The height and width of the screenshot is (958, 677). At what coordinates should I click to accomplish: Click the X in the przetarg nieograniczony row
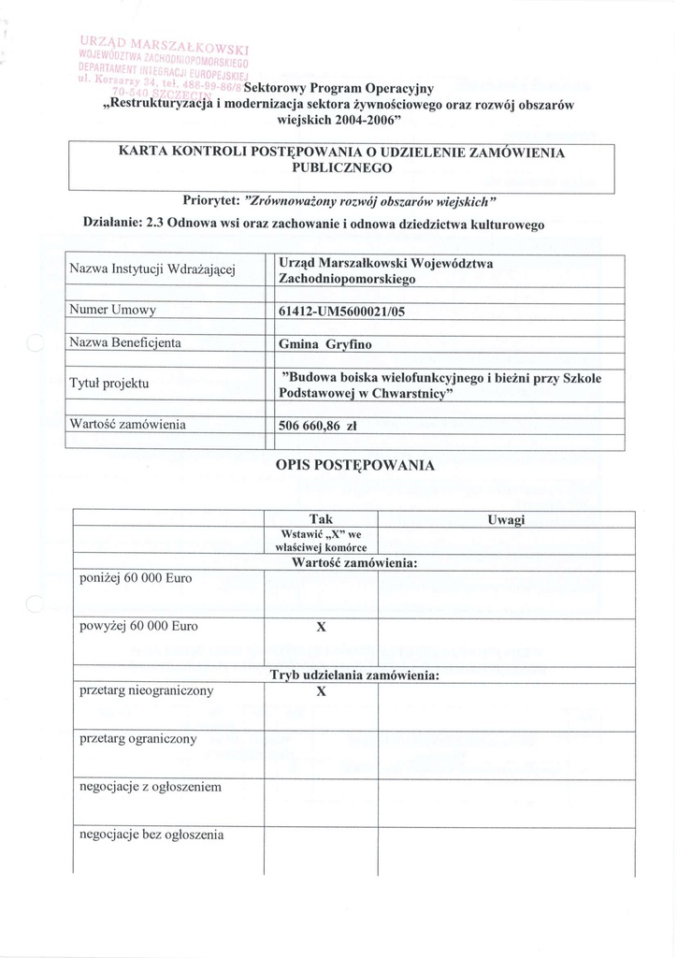321,692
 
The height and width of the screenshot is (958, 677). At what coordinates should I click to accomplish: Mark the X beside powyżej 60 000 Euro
321,628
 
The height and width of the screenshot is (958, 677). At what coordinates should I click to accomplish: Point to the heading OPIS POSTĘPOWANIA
354,465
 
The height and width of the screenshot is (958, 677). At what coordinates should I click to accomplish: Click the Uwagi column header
506,519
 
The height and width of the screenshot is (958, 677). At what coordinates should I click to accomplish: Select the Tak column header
321,519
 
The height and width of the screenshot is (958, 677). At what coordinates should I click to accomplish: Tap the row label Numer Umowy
112,311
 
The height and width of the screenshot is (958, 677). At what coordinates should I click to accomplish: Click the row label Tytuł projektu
109,384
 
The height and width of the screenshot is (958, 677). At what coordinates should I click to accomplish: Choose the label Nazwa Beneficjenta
125,342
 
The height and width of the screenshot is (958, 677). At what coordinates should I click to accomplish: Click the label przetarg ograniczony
138,738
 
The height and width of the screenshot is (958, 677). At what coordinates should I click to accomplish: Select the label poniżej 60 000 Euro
136,579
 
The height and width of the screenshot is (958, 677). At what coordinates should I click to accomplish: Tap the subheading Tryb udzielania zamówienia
354,675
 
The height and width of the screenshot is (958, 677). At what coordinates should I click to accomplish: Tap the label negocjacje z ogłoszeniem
151,787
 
